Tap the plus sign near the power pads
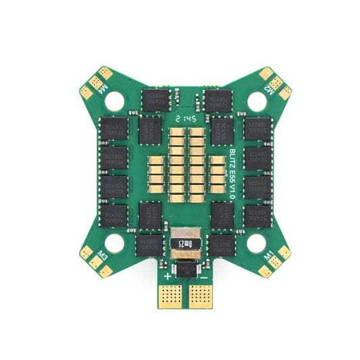pos(168,276)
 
